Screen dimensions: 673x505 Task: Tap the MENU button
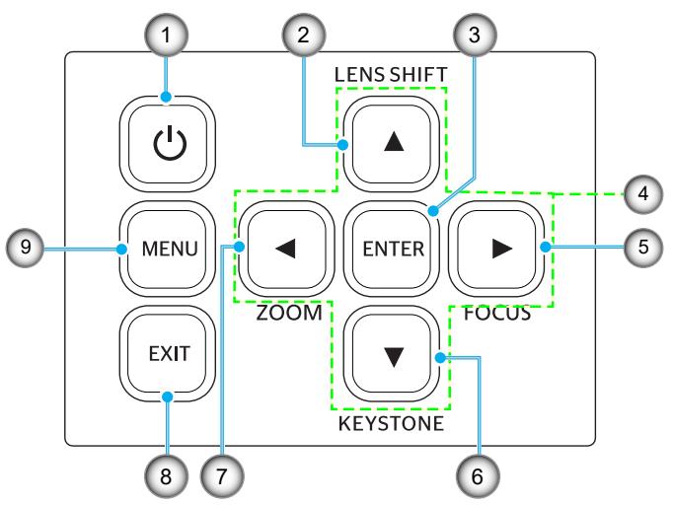coord(168,249)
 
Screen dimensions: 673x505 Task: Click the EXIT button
coord(168,353)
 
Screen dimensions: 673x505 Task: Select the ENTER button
coord(392,249)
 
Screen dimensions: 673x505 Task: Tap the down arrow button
coord(392,353)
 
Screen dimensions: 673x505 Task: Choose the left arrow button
coord(287,249)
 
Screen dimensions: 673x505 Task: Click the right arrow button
coord(497,249)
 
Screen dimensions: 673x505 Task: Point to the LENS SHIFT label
coord(391,75)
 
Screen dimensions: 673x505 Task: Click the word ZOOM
coord(289,313)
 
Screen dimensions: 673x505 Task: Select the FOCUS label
coord(497,314)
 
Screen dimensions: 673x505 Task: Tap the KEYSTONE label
coord(391,423)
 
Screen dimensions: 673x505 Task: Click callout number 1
coord(167,36)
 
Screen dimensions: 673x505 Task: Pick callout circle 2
coord(304,36)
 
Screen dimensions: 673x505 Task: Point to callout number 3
coord(475,36)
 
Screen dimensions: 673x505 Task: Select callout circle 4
coord(643,193)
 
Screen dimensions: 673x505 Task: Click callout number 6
coord(478,476)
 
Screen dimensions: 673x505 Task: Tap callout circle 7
coord(221,476)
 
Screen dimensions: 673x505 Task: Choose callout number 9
coord(26,248)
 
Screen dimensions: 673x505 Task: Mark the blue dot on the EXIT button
coord(168,397)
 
